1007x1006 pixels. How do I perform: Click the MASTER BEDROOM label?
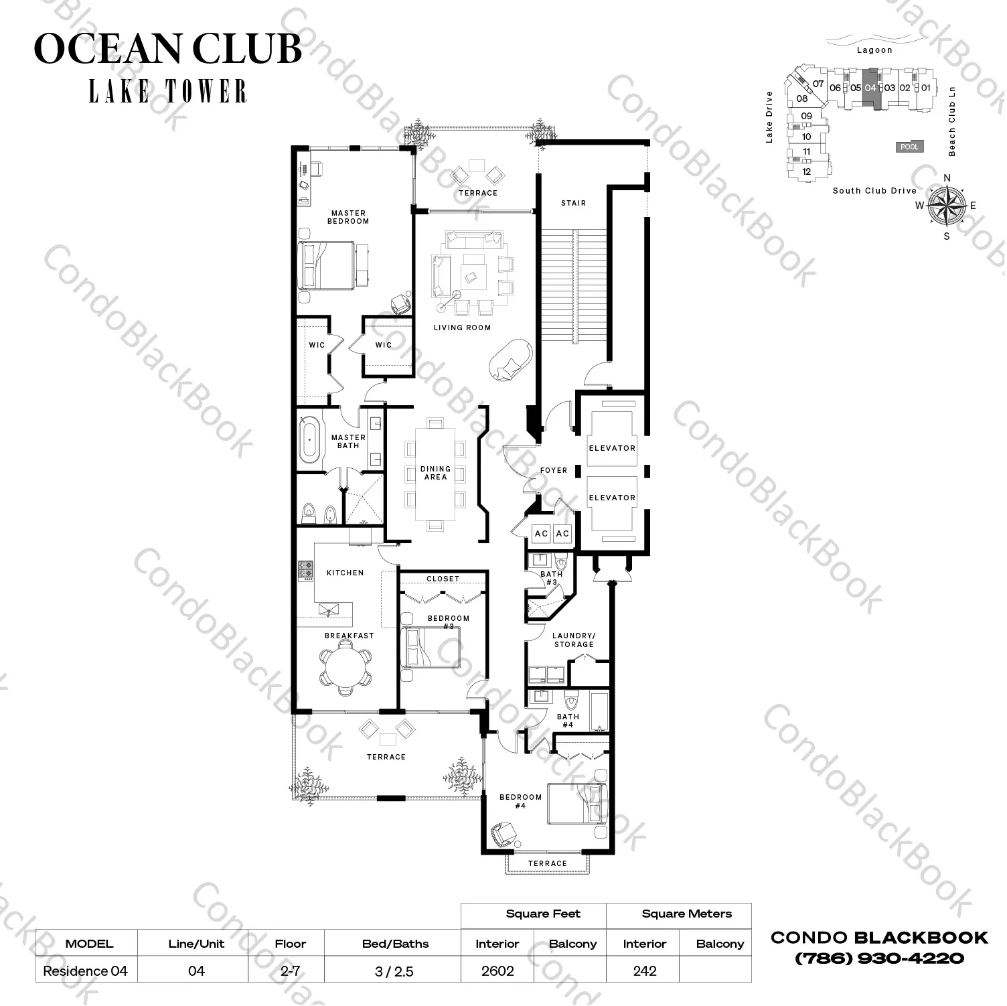(347, 217)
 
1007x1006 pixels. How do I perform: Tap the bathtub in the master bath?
(309, 439)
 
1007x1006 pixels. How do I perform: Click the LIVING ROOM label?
(462, 328)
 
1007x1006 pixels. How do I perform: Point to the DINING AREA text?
(435, 473)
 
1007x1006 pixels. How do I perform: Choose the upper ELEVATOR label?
(612, 448)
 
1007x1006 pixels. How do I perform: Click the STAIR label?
(573, 203)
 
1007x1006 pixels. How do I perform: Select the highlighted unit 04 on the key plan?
(870, 88)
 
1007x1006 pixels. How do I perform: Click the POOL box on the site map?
(909, 147)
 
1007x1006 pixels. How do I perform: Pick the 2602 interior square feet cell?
(497, 971)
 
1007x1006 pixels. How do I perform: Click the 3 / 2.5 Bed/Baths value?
(395, 971)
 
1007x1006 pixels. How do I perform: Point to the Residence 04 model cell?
(86, 971)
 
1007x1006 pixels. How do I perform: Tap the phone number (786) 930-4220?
(879, 958)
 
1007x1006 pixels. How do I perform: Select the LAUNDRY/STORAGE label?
(574, 640)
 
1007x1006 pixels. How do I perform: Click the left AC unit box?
(541, 534)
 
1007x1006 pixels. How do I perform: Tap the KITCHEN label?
(345, 573)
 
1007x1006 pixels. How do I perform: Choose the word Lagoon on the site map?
(874, 50)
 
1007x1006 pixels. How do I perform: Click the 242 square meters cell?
(645, 971)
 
